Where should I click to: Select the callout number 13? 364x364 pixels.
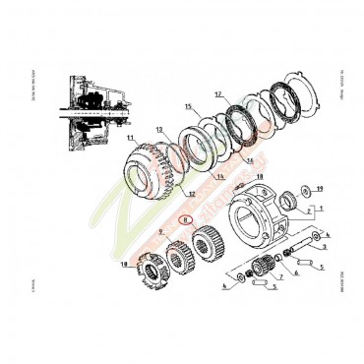pos(160,129)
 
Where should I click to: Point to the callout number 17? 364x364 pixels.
pos(218,94)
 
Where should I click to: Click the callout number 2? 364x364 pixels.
pos(307,210)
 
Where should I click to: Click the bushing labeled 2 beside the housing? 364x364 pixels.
pos(290,204)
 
